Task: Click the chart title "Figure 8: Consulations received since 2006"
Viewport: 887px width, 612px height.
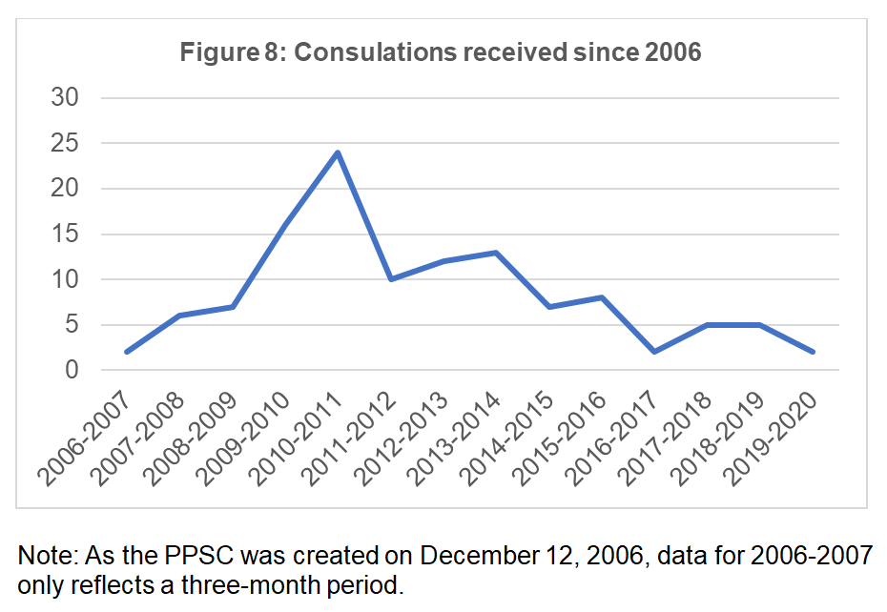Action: click(x=440, y=51)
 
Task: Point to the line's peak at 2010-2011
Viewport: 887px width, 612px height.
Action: click(x=338, y=153)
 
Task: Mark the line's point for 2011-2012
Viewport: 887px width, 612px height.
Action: click(x=391, y=279)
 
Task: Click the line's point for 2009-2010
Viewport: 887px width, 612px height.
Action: click(x=285, y=225)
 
